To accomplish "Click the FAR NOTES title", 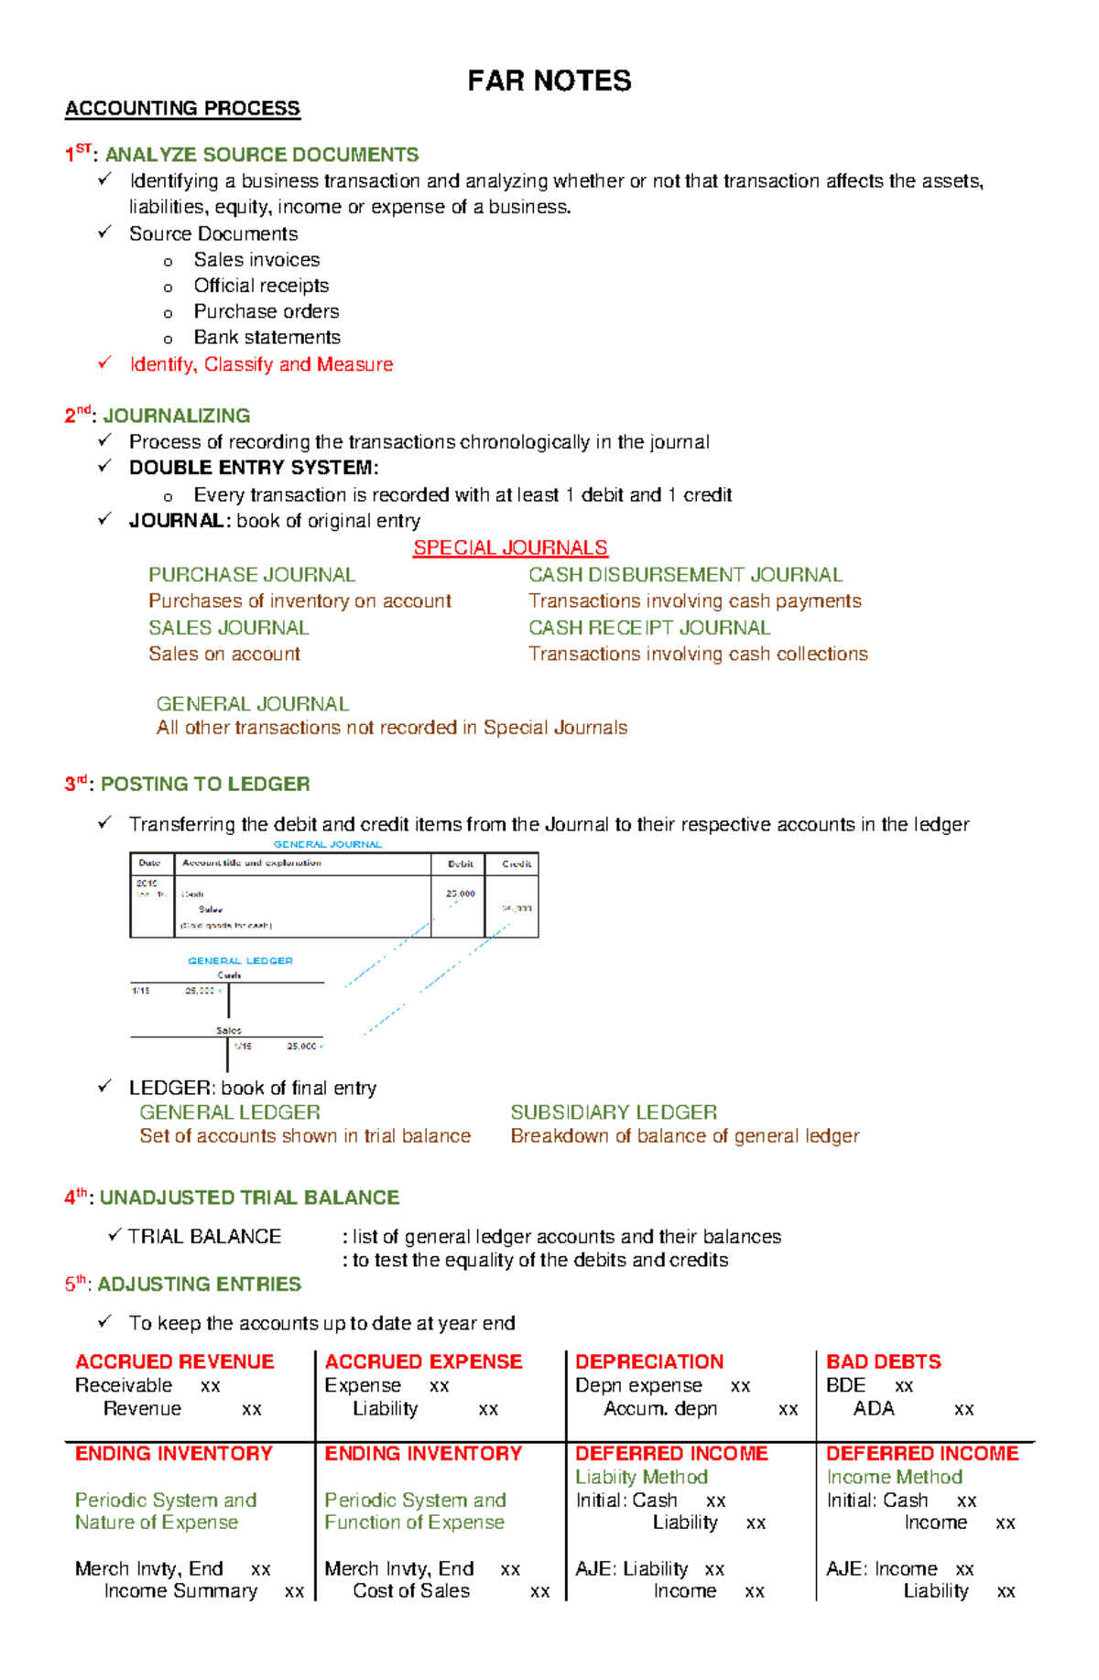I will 549,81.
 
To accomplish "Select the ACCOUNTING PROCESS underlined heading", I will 182,108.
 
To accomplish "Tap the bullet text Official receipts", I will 261,286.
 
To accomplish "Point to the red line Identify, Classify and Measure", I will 261,364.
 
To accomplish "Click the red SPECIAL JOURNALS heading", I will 510,547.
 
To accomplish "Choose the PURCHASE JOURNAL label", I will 252,575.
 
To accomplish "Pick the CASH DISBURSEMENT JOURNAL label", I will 685,575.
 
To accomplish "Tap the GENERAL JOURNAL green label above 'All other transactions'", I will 253,704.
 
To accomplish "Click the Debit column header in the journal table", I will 460,863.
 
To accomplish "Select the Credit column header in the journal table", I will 517,863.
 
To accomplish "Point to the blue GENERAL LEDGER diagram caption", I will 240,960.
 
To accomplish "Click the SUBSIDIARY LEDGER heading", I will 614,1112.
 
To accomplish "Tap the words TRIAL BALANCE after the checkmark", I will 204,1237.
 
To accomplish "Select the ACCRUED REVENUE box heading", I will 175,1361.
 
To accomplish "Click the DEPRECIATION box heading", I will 649,1361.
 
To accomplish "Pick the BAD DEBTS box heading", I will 883,1361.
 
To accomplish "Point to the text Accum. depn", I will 660,1408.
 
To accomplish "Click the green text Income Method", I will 894,1477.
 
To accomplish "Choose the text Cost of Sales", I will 411,1591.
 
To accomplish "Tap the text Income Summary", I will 180,1591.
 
